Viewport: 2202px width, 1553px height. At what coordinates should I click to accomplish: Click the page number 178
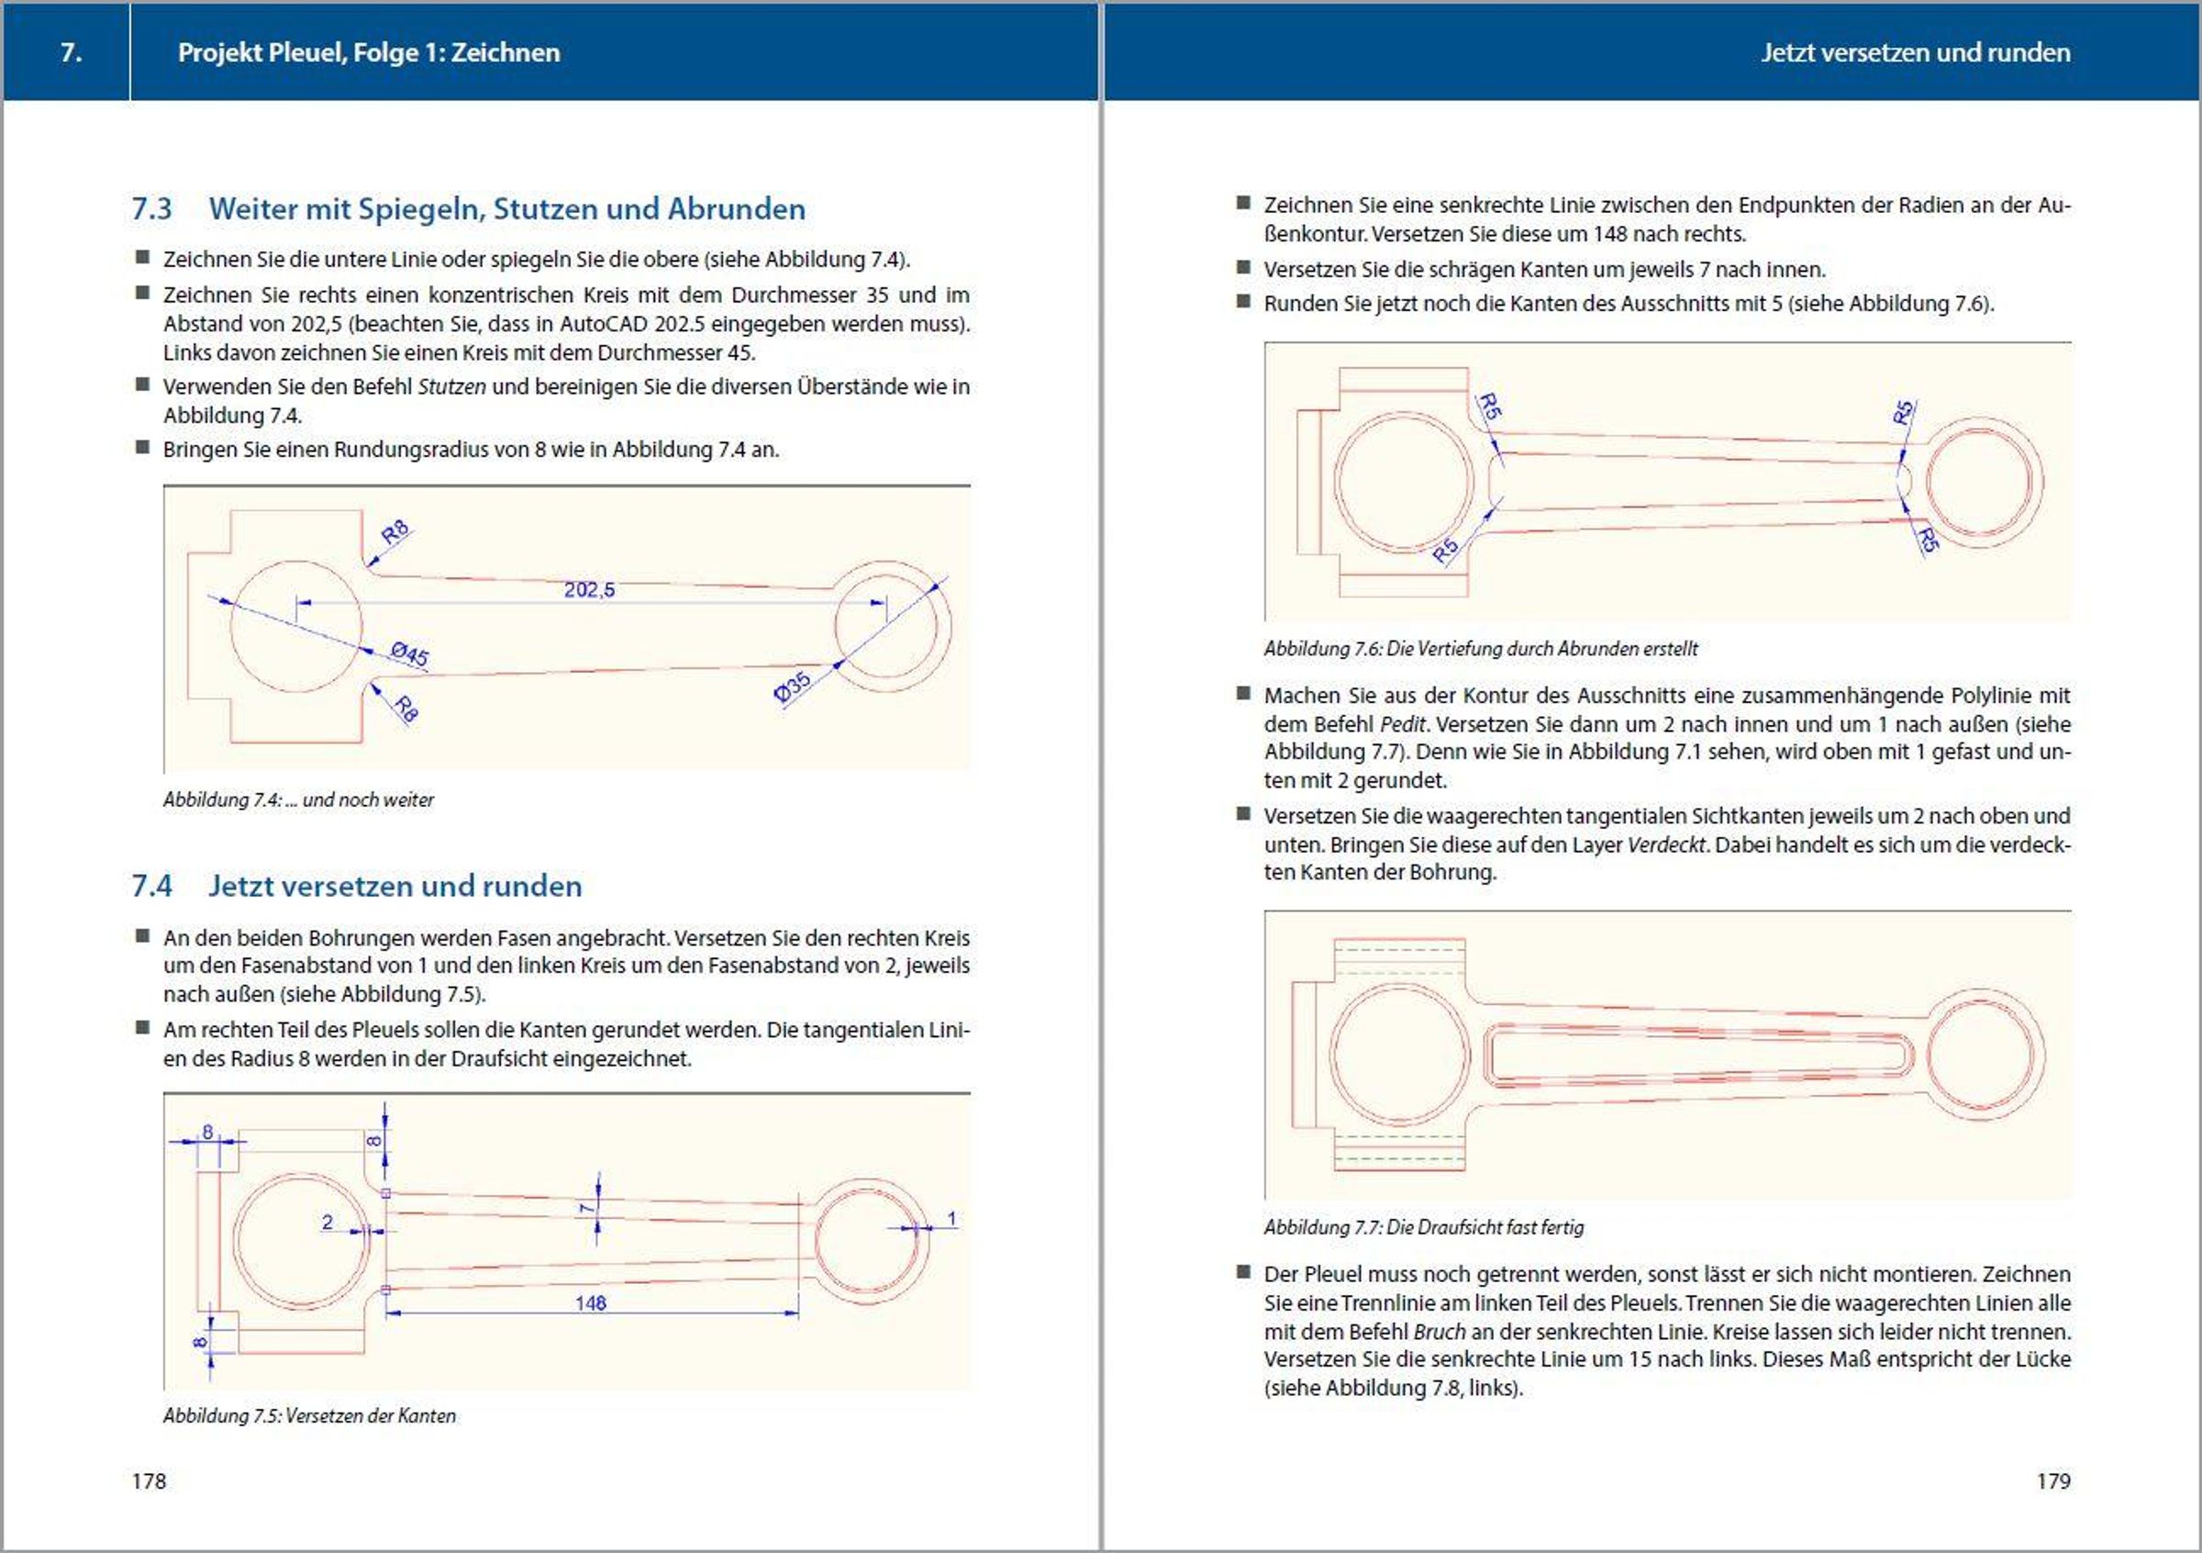pos(149,1481)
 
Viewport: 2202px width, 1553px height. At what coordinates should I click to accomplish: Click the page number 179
pos(2052,1481)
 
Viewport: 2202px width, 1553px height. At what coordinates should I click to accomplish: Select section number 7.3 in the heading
pos(151,209)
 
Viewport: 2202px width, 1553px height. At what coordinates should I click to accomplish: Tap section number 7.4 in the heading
pos(151,886)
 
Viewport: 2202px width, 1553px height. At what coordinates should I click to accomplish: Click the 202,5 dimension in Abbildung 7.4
pos(589,590)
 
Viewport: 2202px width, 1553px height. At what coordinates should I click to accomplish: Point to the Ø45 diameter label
pos(409,654)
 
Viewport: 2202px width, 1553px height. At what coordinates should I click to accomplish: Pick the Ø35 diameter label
pos(792,687)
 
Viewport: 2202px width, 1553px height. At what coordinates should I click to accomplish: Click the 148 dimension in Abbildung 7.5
pos(591,1302)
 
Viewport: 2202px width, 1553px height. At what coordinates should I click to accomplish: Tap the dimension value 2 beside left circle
pos(327,1222)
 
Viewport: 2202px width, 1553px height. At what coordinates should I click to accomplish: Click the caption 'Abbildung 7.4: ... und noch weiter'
pos(298,800)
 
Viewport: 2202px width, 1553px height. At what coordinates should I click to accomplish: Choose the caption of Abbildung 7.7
pos(1423,1227)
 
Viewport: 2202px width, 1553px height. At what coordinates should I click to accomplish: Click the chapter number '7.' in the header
pos(71,52)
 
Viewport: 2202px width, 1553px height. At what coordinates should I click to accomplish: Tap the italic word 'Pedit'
pos(1402,724)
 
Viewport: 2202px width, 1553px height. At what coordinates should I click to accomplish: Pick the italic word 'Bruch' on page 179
pos(1439,1332)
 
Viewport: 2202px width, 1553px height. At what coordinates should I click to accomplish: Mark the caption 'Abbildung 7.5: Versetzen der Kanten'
pos(309,1416)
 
